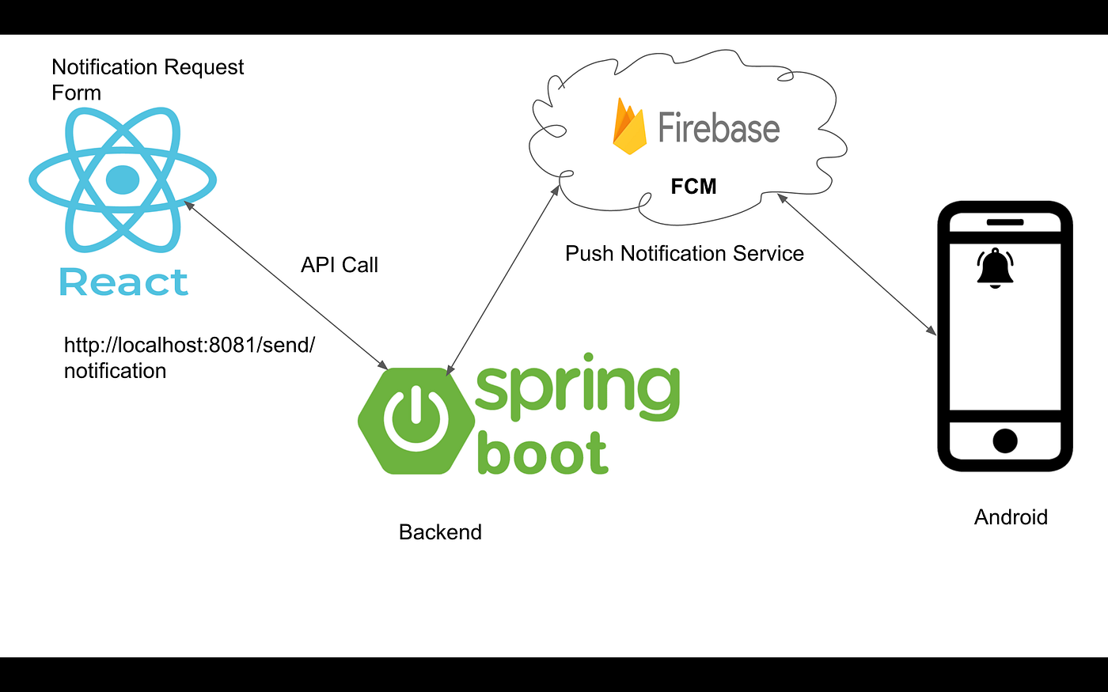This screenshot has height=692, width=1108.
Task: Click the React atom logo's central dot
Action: (x=122, y=180)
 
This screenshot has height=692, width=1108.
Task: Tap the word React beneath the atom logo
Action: (x=123, y=282)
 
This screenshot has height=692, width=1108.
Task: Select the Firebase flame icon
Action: (x=630, y=127)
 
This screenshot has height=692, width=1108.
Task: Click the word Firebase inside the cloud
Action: (x=719, y=128)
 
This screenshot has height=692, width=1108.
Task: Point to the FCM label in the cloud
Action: (x=693, y=187)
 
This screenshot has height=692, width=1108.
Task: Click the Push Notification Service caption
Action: (x=684, y=254)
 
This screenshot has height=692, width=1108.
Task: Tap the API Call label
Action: (x=339, y=265)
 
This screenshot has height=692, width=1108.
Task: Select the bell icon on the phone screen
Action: (x=995, y=267)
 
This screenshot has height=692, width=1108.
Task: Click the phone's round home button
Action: (x=1004, y=440)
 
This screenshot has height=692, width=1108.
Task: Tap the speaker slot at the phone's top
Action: (x=1004, y=222)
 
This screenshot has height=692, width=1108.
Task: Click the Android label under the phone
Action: (x=1011, y=517)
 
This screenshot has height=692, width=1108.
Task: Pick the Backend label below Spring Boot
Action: (x=440, y=532)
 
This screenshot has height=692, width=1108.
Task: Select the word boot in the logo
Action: (x=543, y=453)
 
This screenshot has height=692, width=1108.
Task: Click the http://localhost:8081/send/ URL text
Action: (x=189, y=346)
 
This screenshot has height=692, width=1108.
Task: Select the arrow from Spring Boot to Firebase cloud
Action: (x=503, y=280)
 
